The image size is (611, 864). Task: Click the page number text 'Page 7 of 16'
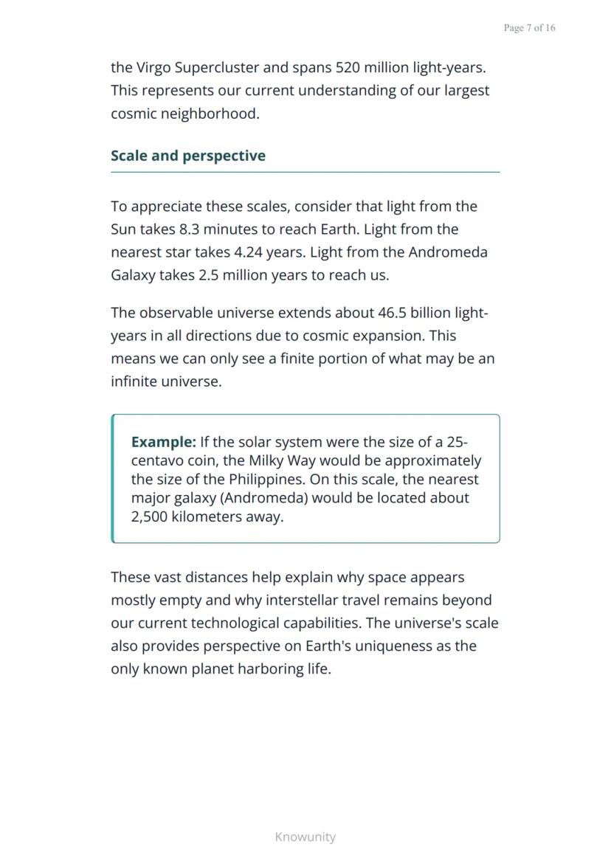coord(529,28)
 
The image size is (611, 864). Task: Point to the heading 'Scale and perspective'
coord(188,156)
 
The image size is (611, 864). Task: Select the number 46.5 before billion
coord(393,313)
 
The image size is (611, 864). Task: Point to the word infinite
coord(134,382)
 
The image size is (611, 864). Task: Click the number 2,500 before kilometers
coord(149,516)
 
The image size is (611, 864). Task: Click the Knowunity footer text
coord(305,837)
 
